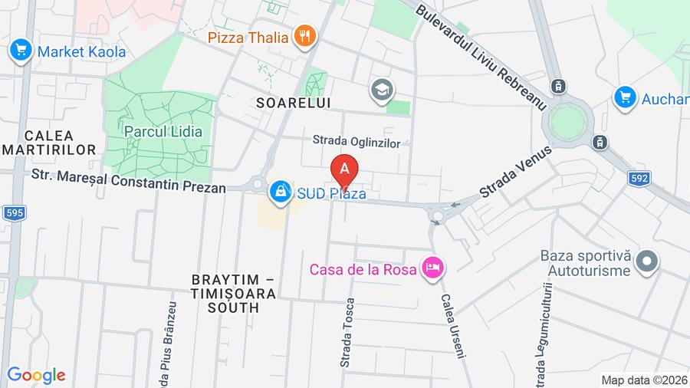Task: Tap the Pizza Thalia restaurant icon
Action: click(x=305, y=35)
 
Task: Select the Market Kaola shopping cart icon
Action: click(x=20, y=52)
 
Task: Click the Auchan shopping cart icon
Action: click(x=626, y=97)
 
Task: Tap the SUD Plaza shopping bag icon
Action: click(x=281, y=192)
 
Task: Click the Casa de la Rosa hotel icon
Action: click(x=433, y=268)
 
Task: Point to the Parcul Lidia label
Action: click(x=163, y=131)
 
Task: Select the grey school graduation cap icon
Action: click(x=380, y=90)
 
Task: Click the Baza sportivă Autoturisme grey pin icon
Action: click(x=648, y=261)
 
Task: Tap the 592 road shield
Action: click(x=639, y=178)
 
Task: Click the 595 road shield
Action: click(x=13, y=213)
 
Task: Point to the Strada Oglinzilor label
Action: click(x=356, y=141)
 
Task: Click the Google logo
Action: click(x=36, y=375)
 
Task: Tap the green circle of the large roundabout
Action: click(x=567, y=121)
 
